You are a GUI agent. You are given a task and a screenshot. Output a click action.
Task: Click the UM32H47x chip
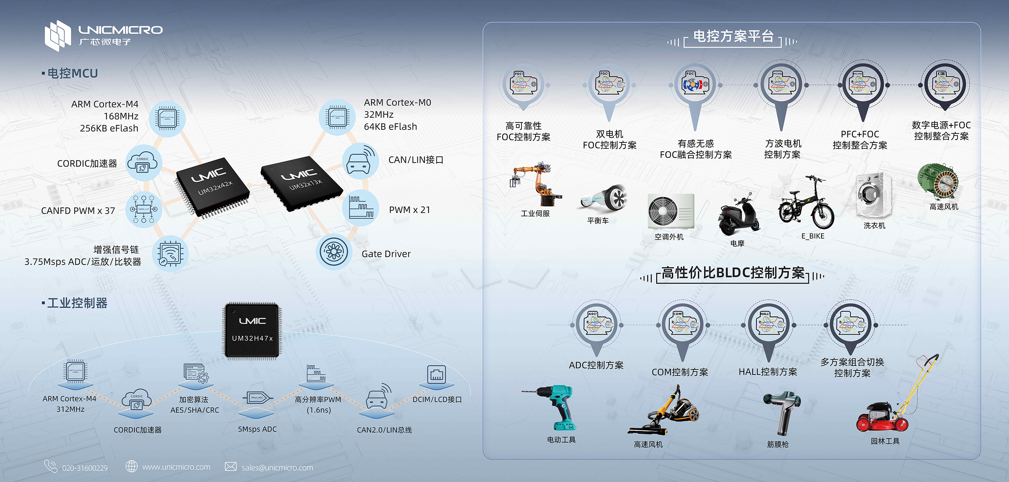[x=253, y=330]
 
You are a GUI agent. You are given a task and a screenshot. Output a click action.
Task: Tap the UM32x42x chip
[x=213, y=186]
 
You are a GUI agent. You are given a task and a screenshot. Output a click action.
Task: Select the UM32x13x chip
[x=302, y=181]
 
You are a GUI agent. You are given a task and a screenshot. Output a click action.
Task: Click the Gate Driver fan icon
[x=334, y=252]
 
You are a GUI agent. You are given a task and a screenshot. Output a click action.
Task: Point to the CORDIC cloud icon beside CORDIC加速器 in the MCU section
[x=143, y=163]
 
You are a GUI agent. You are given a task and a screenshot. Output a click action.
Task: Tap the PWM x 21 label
[x=409, y=210]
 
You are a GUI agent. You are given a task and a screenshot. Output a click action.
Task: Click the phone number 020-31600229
[x=85, y=468]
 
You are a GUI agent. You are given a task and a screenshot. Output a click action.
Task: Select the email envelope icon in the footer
[x=231, y=467]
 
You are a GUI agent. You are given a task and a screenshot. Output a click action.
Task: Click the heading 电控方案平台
[x=733, y=36]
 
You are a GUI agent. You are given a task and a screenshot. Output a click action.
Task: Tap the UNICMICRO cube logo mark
[x=58, y=36]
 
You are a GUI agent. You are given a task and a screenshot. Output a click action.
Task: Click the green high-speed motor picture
[x=938, y=182]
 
